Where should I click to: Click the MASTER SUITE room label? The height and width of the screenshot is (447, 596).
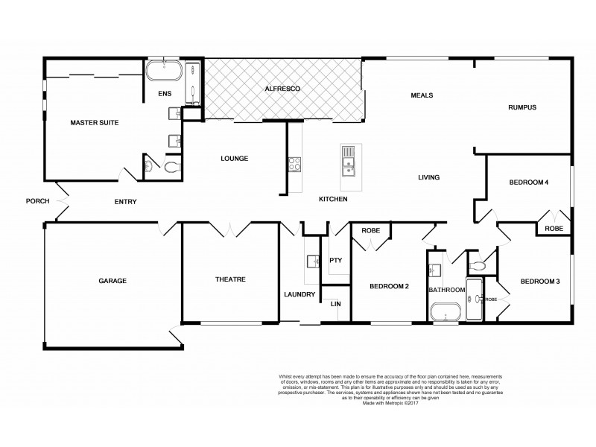(95, 122)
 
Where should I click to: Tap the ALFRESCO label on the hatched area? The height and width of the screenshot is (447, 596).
(282, 89)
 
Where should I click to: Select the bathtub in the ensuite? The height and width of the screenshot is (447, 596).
(162, 72)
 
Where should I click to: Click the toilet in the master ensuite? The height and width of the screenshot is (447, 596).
(174, 168)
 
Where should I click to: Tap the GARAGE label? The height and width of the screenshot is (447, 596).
(112, 281)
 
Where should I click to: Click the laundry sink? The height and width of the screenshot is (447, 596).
(312, 261)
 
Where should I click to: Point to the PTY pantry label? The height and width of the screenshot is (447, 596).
(335, 260)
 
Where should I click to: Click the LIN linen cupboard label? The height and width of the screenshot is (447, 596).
(335, 304)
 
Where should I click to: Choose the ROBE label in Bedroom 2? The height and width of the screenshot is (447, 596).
(370, 231)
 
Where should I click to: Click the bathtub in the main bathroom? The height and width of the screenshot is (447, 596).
(446, 311)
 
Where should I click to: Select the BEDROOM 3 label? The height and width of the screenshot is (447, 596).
(539, 281)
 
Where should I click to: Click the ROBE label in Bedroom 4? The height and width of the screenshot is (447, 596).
(554, 229)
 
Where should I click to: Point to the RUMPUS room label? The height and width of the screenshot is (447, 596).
(521, 107)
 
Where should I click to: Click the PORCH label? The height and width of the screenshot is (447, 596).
(37, 201)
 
